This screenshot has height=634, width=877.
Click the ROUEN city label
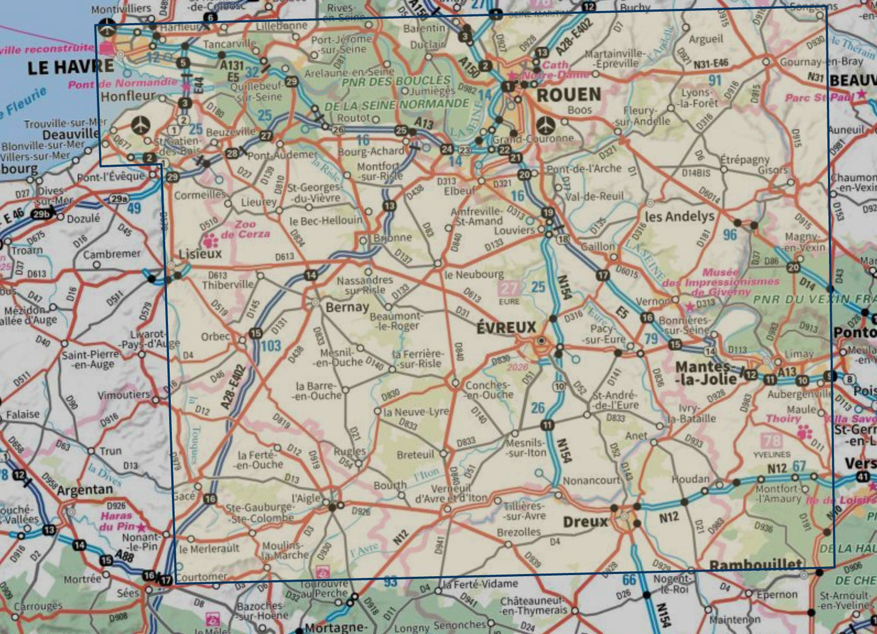(x=568, y=95)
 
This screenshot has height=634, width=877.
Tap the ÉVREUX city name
(x=506, y=327)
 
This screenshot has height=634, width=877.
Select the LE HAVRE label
(x=71, y=67)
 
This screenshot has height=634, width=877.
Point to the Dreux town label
(x=585, y=521)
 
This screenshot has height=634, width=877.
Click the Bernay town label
(x=347, y=307)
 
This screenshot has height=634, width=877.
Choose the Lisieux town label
(x=201, y=254)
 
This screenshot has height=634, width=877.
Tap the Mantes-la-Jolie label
(x=706, y=373)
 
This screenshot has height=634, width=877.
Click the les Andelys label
(x=679, y=216)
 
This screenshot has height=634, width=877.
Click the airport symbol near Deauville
(x=140, y=124)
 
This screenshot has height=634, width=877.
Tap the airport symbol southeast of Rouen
(x=545, y=124)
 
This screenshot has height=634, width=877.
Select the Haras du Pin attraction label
(x=117, y=521)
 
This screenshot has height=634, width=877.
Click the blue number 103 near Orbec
(x=271, y=345)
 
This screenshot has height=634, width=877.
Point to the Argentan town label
(x=85, y=490)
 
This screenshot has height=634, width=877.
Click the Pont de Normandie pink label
(x=122, y=84)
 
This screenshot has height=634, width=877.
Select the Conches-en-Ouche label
(x=489, y=390)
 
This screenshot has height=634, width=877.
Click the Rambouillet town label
(x=755, y=565)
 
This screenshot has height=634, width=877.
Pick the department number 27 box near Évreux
(x=509, y=288)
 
